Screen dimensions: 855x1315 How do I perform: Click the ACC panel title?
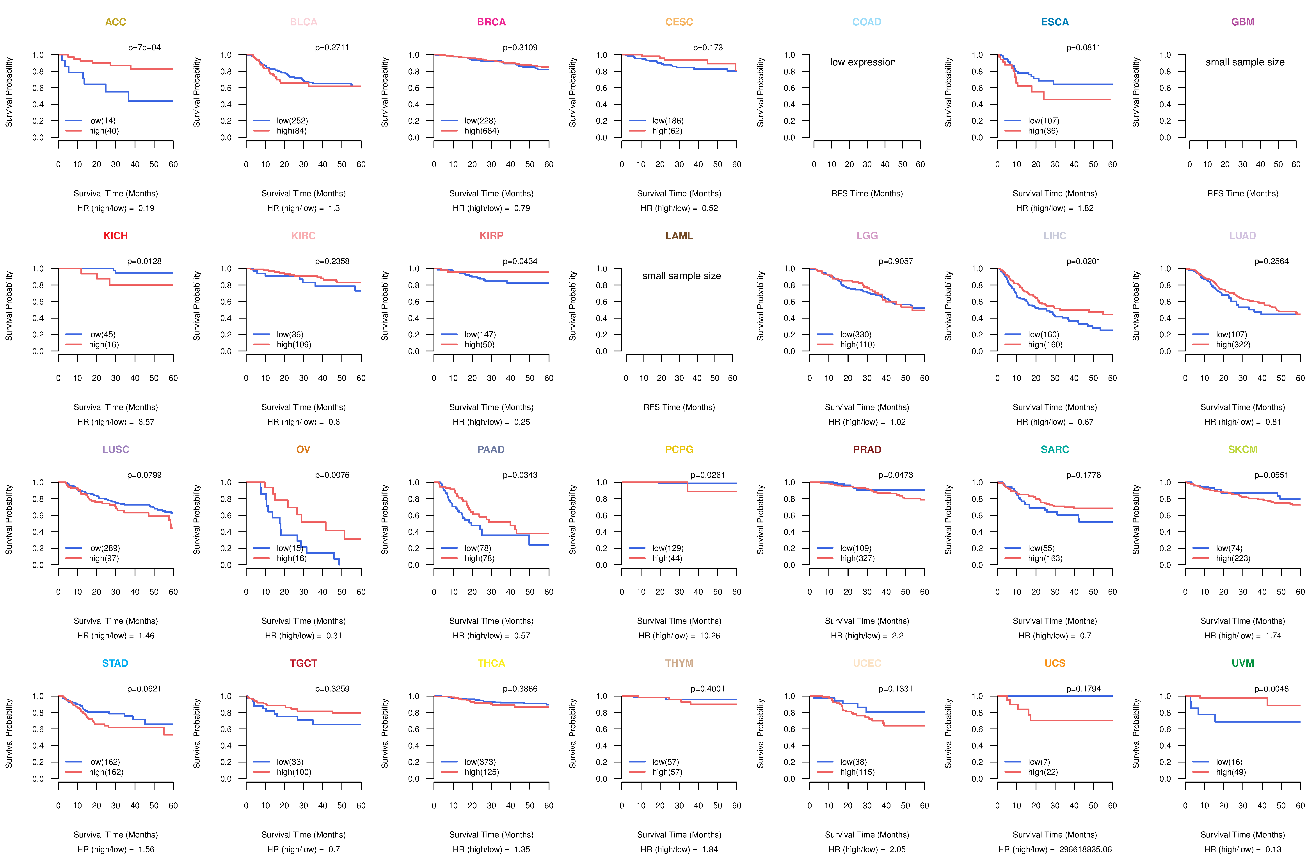point(116,22)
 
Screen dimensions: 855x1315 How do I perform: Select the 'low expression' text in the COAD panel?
point(862,62)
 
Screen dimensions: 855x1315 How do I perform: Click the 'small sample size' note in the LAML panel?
point(681,276)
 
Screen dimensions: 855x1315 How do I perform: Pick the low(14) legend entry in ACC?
point(102,121)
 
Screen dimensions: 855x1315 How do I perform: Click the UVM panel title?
point(1243,663)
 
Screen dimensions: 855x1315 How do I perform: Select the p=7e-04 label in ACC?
point(144,48)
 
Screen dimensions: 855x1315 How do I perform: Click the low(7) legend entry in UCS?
point(1039,762)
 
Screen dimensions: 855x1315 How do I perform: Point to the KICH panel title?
point(116,236)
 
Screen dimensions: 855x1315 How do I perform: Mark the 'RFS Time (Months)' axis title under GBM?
point(1243,193)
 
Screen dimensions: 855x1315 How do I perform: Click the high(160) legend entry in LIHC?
point(1045,345)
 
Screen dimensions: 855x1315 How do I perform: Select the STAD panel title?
point(115,663)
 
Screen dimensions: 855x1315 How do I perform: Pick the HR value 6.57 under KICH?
point(146,422)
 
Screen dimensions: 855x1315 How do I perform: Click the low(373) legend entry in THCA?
point(480,762)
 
